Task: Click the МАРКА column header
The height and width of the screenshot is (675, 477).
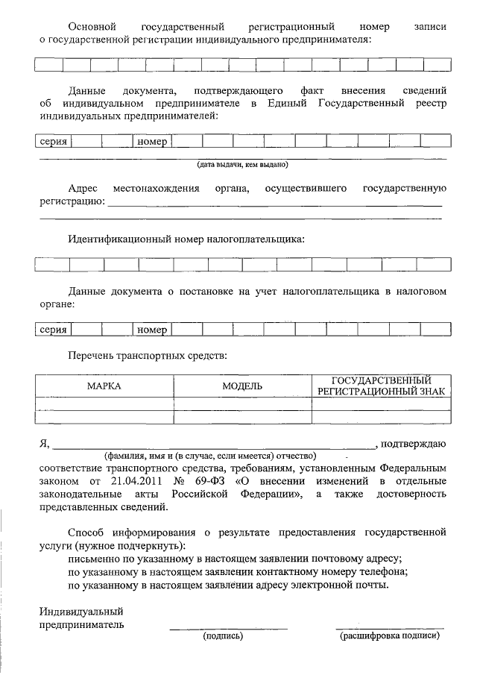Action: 104,386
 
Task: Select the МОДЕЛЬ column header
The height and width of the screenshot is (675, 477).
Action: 242,386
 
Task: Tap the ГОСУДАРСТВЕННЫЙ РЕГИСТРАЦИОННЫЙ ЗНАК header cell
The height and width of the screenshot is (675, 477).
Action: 381,386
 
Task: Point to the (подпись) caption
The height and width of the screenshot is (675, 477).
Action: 223,637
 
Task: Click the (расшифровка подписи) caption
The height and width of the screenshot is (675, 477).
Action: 390,637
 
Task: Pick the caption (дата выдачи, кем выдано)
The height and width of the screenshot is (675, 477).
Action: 242,164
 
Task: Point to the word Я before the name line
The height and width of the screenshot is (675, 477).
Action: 44,445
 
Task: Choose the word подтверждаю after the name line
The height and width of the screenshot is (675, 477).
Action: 414,445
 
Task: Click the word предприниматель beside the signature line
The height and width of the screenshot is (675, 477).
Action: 82,624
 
